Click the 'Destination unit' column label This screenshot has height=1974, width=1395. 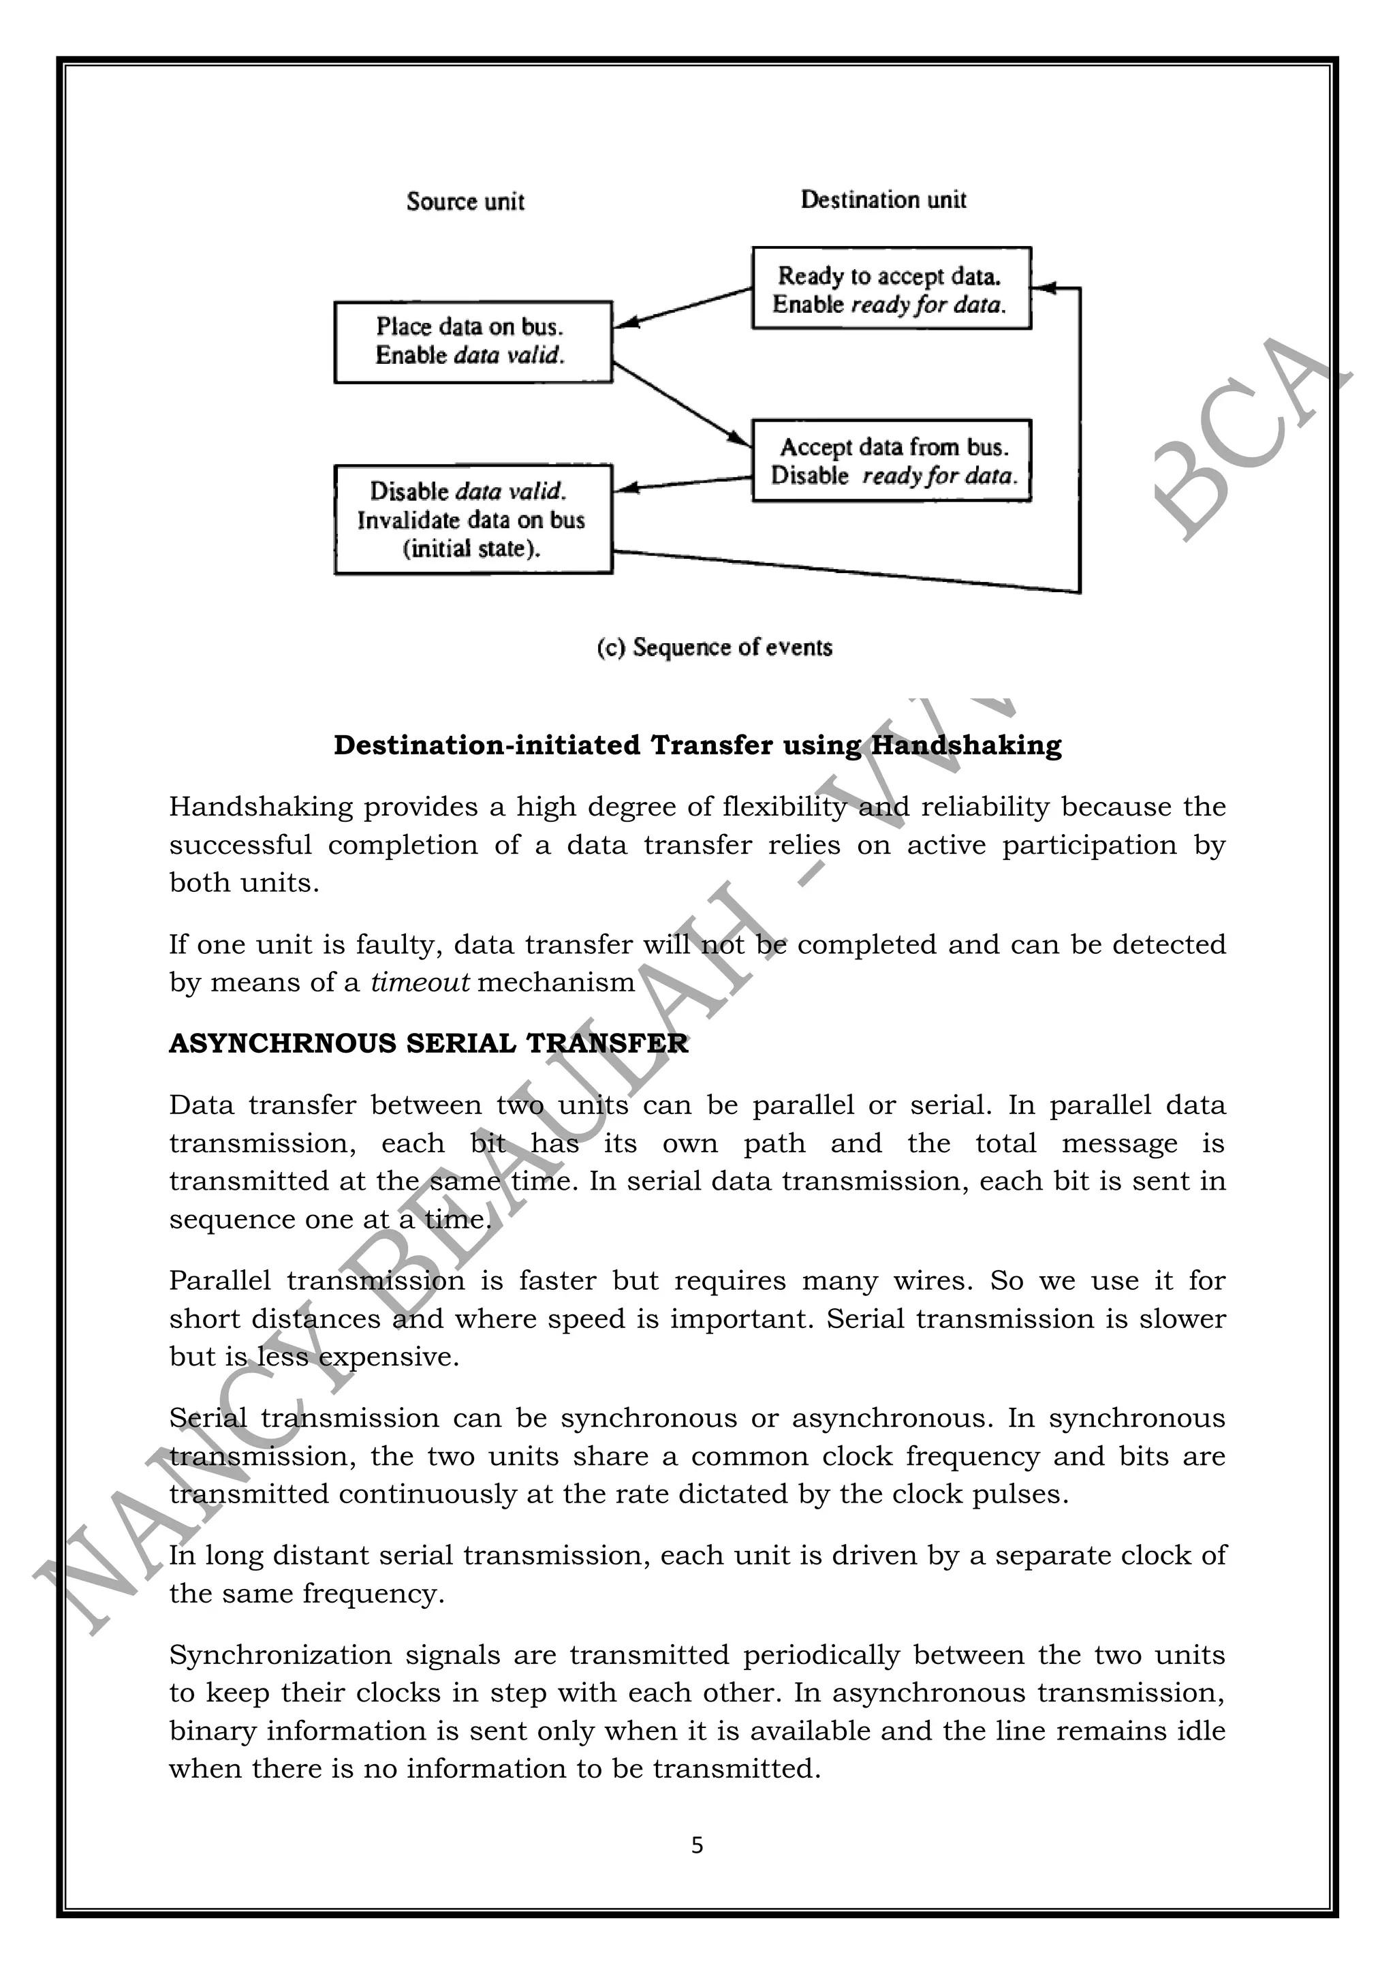coord(883,200)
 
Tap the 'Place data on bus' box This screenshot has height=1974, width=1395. coord(472,341)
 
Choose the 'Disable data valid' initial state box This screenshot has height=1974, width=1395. coord(472,519)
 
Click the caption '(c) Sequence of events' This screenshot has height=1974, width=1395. coord(715,647)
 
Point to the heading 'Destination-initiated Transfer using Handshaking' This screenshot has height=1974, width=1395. coord(697,745)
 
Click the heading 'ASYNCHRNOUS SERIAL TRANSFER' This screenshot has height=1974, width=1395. coord(428,1043)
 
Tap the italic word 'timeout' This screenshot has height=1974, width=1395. coord(420,982)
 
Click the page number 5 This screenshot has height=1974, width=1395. coord(697,1845)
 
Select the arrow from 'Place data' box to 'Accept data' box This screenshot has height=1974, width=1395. coord(682,404)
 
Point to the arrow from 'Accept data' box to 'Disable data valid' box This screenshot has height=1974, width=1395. coord(683,482)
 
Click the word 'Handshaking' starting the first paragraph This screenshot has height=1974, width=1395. coord(260,807)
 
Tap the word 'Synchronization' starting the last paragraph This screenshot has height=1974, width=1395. coord(279,1654)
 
